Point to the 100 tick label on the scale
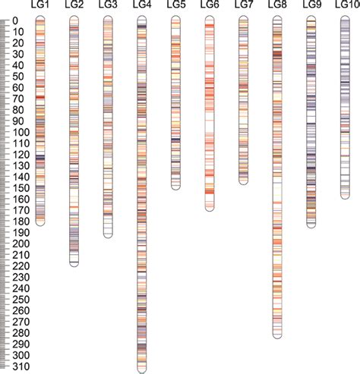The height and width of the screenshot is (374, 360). pos(21,132)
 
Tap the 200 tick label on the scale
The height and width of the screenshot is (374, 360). pos(21,244)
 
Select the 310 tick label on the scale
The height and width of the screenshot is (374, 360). pos(21,366)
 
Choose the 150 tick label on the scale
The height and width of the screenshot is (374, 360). pos(21,187)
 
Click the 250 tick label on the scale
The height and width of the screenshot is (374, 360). pos(21,300)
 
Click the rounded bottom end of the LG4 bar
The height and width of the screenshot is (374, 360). pos(142,368)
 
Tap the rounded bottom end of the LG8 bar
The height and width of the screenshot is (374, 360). pos(277,335)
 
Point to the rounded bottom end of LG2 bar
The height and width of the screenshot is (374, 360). pos(74,262)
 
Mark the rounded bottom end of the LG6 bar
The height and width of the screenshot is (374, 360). pos(210,207)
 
